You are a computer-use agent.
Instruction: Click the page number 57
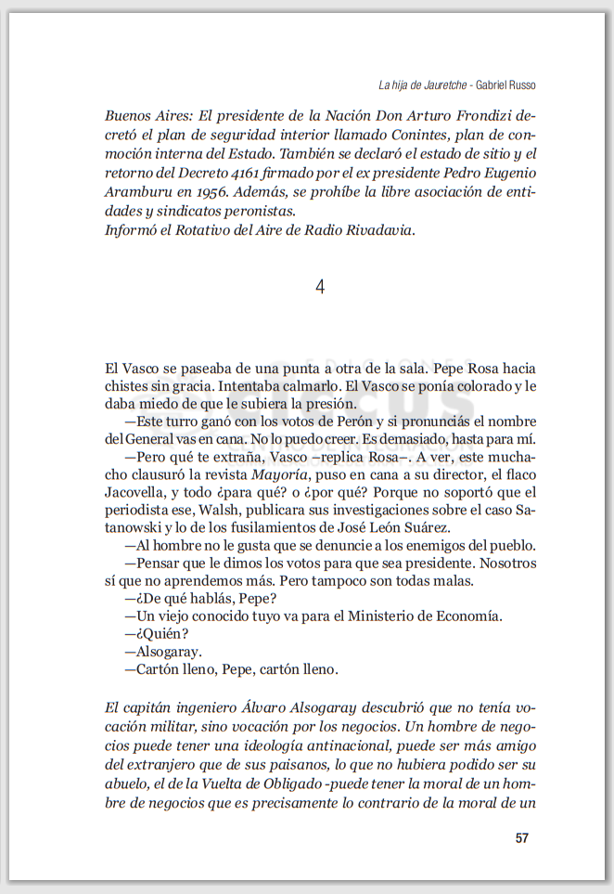521,838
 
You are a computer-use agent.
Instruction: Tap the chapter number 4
320,288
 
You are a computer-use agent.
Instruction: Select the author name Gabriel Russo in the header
505,84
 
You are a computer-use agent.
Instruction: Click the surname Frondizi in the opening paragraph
487,116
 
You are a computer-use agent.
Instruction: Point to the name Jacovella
137,493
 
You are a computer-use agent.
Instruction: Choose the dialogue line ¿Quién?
150,634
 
